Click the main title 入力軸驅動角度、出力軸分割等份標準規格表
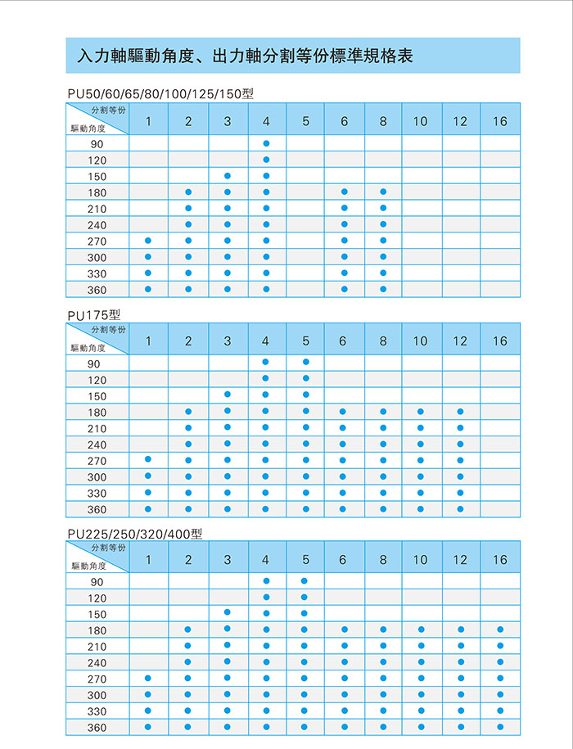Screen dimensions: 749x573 [x=244, y=56]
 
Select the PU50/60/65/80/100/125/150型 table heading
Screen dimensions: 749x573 [x=160, y=94]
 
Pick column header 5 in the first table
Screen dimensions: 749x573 [x=305, y=121]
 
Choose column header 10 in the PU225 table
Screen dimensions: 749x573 [x=420, y=560]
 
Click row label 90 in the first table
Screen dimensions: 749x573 [x=97, y=144]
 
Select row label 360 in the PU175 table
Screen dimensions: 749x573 [x=97, y=509]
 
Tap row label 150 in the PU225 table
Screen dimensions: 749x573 [x=97, y=614]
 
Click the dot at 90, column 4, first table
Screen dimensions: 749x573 [x=266, y=144]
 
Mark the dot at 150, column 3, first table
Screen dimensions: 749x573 [x=228, y=176]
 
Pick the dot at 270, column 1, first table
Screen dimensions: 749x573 [x=148, y=241]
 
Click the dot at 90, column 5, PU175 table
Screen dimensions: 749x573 [x=305, y=363]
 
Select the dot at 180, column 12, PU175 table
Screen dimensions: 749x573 [x=461, y=412]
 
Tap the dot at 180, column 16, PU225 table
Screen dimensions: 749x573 [x=499, y=629]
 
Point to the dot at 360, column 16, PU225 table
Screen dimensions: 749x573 [x=499, y=726]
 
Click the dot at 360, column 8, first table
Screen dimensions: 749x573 [x=383, y=289]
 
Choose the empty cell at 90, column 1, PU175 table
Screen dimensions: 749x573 [x=148, y=363]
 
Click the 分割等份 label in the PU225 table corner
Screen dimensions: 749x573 [x=109, y=547]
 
